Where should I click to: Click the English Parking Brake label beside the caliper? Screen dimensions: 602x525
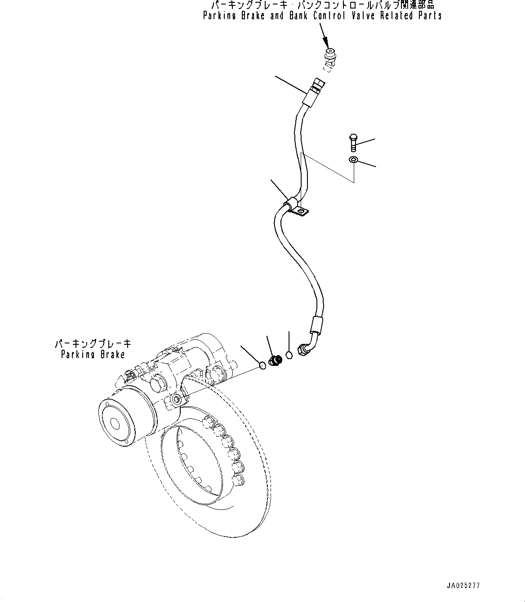click(x=93, y=354)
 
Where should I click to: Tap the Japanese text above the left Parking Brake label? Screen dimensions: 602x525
click(x=93, y=344)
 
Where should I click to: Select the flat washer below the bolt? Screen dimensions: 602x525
click(x=354, y=160)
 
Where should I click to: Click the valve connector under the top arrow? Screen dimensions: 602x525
click(x=331, y=57)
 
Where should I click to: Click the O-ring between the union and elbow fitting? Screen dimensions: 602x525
click(x=289, y=355)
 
